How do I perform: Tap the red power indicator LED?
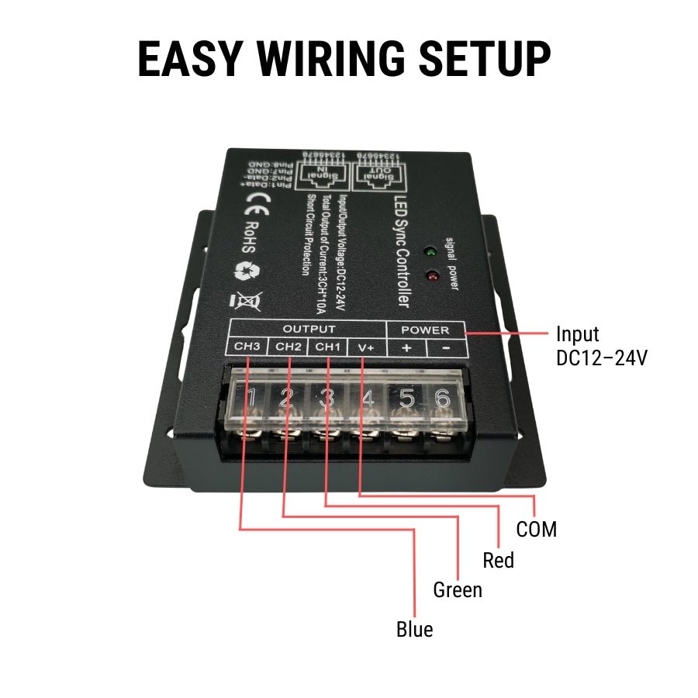pos(430,275)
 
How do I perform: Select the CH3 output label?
pos(247,347)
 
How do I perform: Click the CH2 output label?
pos(288,347)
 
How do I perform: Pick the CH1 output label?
pos(327,347)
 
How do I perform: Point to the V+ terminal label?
pos(366,347)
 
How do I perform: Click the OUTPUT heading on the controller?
pos(309,330)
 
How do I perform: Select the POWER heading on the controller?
pos(425,330)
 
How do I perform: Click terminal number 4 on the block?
pos(368,399)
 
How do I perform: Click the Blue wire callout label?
pos(414,629)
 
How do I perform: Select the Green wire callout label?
pos(458,590)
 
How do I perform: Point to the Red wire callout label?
pos(498,560)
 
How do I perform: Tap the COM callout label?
pos(536,530)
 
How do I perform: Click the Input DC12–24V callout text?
pos(601,346)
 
